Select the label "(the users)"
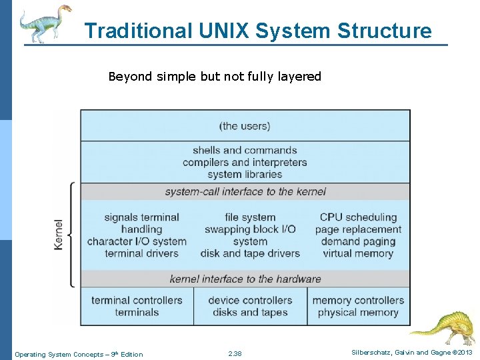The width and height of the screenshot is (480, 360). tap(245, 126)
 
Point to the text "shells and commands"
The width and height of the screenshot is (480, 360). tap(245, 150)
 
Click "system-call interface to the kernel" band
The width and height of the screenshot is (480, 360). tap(245, 191)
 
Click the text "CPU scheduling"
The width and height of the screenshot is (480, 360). tap(358, 217)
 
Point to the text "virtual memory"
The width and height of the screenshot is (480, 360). tap(358, 253)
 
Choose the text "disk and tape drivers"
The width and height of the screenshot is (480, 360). tap(250, 253)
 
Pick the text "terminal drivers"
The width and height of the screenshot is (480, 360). tap(141, 253)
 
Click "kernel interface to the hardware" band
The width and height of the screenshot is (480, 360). tap(245, 279)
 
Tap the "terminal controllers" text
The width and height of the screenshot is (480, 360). tap(137, 300)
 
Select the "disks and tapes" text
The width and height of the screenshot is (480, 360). tap(250, 312)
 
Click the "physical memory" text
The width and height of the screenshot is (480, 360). tap(358, 312)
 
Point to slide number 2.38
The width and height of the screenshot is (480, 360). tap(235, 354)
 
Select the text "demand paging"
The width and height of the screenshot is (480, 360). tap(358, 241)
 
